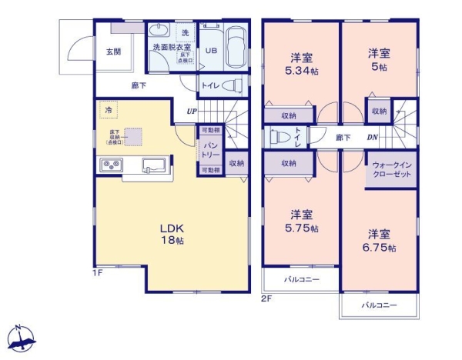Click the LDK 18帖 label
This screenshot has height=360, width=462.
pyautogui.click(x=171, y=234)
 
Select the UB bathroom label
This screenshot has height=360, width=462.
pyautogui.click(x=210, y=52)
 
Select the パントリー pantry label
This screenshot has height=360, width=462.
pyautogui.click(x=210, y=150)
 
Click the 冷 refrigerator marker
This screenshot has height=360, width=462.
pyautogui.click(x=109, y=111)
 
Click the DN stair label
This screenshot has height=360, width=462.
pyautogui.click(x=371, y=138)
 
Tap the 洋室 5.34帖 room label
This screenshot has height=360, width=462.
pyautogui.click(x=301, y=63)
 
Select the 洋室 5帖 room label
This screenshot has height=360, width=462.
pyautogui.click(x=377, y=59)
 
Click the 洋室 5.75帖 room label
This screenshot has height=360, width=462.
pyautogui.click(x=301, y=221)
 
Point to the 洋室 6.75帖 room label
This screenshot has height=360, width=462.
pyautogui.click(x=378, y=240)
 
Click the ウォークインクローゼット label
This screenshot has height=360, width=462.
pyautogui.click(x=391, y=169)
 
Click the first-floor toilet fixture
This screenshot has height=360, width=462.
pyautogui.click(x=236, y=85)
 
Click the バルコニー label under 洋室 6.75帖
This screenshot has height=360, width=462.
pyautogui.click(x=379, y=305)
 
